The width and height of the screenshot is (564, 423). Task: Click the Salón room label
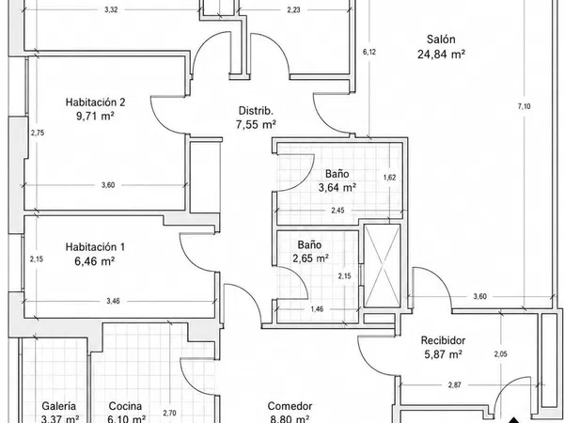pos(441,39)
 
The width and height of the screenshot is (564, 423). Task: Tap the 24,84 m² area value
pos(442,55)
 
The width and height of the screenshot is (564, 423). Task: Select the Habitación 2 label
pos(95,102)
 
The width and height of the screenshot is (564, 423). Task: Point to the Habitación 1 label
pos(95,247)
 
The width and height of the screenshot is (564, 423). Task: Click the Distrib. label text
pos(256,111)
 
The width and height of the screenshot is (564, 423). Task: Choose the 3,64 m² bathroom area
pos(337,187)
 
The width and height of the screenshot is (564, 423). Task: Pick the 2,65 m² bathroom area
pos(311,258)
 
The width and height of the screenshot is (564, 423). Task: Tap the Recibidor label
pos(443,340)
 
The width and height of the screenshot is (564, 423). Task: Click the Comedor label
pos(290,406)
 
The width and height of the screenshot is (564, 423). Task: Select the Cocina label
pos(125,406)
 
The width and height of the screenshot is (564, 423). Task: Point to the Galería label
pos(59,406)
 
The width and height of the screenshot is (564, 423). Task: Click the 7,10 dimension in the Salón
pos(525,106)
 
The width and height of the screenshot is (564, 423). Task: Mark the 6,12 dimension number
pos(369,52)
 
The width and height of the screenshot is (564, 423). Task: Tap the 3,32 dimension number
pos(111,10)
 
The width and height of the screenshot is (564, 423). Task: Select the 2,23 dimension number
pos(293,10)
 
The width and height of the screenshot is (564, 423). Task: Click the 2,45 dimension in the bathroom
pos(337,211)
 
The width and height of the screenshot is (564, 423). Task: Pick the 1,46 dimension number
pos(317,309)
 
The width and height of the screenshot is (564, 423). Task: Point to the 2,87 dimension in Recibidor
pos(455,385)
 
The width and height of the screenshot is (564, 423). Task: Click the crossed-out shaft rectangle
pos(382,266)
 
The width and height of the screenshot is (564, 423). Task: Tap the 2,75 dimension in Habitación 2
pos(38,133)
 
